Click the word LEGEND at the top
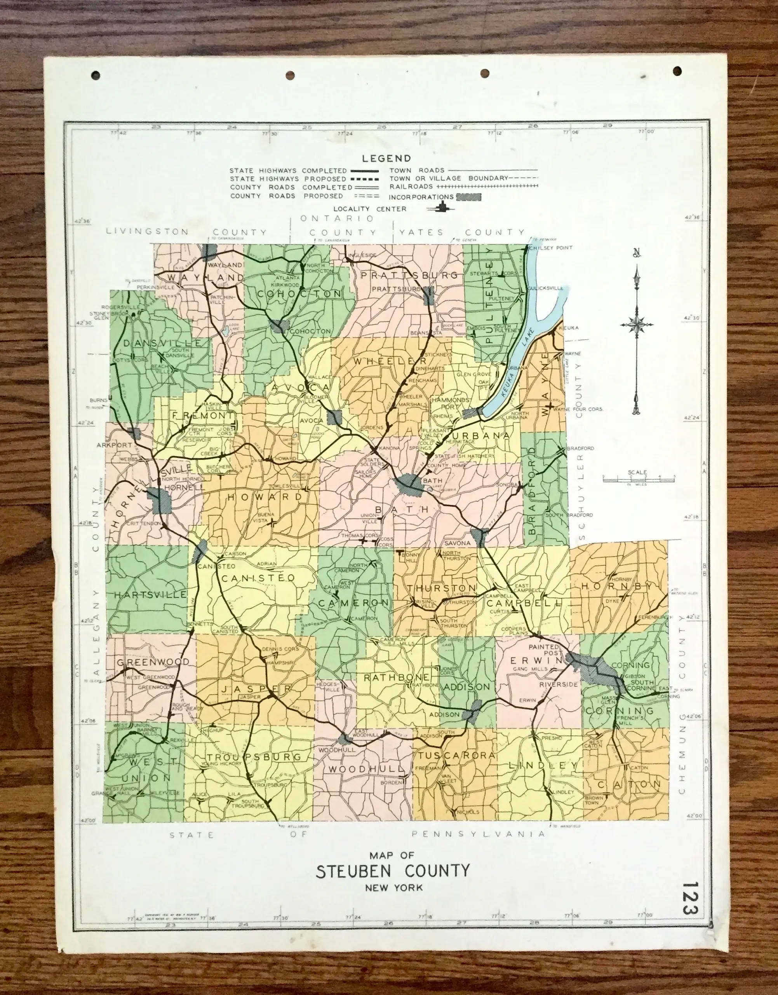pyautogui.click(x=386, y=159)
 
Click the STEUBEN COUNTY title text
pyautogui.click(x=392, y=871)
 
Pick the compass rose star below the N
pyautogui.click(x=637, y=325)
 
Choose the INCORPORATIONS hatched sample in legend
pyautogui.click(x=468, y=197)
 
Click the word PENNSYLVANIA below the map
pyautogui.click(x=478, y=834)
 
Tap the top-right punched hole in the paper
pyautogui.click(x=677, y=71)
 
